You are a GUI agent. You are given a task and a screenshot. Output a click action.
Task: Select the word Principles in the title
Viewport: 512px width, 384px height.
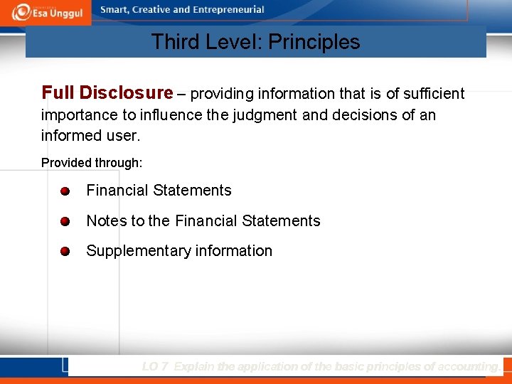pyautogui.click(x=320, y=42)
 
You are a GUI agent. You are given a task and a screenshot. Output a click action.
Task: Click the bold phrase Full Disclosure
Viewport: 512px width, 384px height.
pyautogui.click(x=107, y=93)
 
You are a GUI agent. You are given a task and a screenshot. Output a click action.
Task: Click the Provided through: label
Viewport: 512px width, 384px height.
pyautogui.click(x=92, y=163)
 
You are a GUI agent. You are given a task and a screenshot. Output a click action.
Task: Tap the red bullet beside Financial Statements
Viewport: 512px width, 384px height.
pyautogui.click(x=65, y=191)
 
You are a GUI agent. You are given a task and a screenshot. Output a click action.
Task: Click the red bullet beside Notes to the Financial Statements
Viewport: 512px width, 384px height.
pyautogui.click(x=65, y=222)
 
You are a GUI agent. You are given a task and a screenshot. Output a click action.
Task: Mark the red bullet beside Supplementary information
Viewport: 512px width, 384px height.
pyautogui.click(x=65, y=252)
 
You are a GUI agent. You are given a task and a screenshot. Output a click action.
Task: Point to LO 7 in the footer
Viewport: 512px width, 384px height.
pyautogui.click(x=154, y=367)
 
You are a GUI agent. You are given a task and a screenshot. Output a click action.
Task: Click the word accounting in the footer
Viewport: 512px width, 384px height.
pyautogui.click(x=467, y=367)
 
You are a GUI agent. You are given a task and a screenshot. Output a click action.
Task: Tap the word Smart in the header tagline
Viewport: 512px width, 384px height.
pyautogui.click(x=115, y=10)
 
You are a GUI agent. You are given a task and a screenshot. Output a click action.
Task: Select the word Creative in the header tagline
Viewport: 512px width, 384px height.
pyautogui.click(x=151, y=10)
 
